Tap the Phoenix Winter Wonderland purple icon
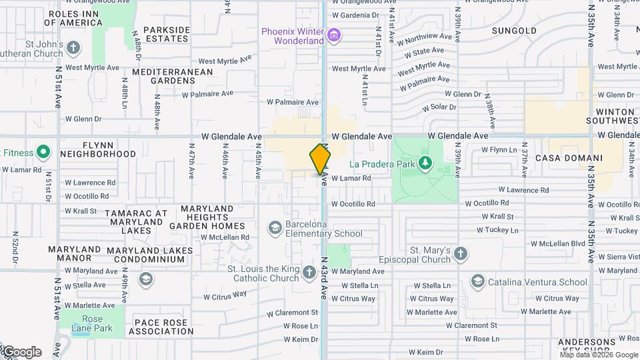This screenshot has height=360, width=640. pos(335,35)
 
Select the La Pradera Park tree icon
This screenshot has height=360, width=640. pos(425,163)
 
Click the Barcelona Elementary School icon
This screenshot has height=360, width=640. pos(274,229)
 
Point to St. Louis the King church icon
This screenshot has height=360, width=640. pos(308,271)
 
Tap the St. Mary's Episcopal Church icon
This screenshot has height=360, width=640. pos(461,253)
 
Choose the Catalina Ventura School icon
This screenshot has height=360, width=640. pos(477,282)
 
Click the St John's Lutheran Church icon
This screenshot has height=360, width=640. pos(73,48)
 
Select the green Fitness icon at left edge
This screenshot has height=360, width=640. pos(43,153)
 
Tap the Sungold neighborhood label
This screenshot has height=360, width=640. pos(514,31)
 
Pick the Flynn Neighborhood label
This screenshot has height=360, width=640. pos(98,149)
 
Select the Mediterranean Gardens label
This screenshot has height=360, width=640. pos(173,76)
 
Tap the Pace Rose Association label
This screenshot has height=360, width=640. pos(163,327)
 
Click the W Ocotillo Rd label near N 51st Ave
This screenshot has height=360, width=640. pos(87,196)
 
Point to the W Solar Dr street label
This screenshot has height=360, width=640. pos(439,107)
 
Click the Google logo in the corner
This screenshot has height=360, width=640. pos(21,352)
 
